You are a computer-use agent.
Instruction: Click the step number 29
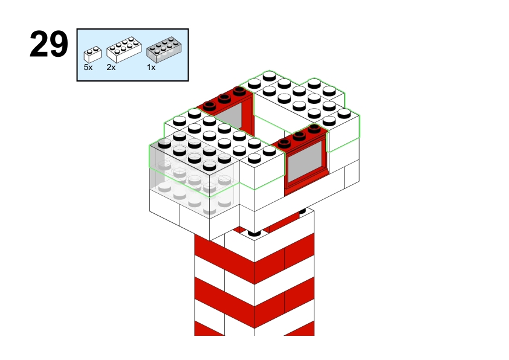[49, 44]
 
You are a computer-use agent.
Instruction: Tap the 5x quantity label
[88, 68]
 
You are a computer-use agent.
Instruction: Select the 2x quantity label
[111, 68]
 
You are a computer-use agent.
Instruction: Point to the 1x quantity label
[151, 68]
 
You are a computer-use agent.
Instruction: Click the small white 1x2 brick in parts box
[92, 54]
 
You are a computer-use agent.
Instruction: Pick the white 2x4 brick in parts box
[124, 50]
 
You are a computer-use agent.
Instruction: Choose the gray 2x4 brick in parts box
[164, 50]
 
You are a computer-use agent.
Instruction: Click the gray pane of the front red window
[305, 161]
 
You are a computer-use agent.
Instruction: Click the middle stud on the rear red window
[224, 98]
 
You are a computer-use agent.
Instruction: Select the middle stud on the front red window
[299, 135]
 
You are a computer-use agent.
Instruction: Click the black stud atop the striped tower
[254, 233]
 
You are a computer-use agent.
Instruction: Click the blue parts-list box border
[132, 29]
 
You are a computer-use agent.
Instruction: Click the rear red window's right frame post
[250, 114]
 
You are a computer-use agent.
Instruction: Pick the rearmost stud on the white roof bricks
[269, 76]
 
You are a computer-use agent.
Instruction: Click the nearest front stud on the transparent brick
[209, 166]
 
